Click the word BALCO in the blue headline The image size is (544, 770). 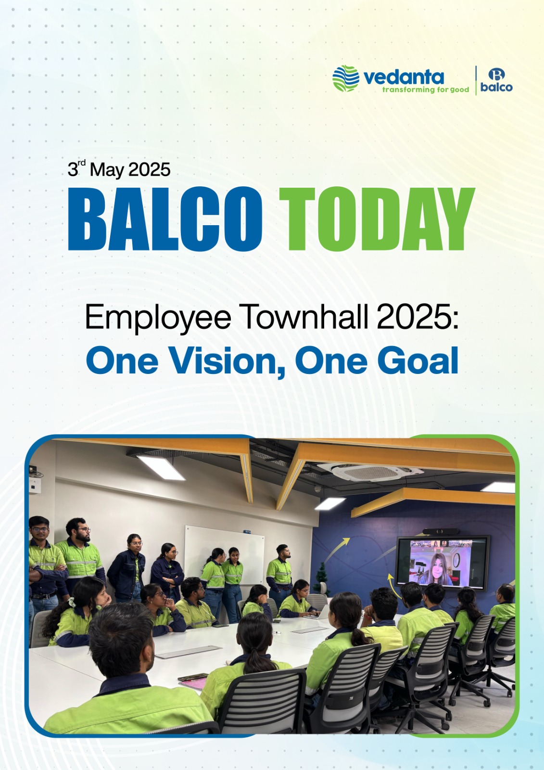[165, 219]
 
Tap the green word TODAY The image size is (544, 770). [377, 219]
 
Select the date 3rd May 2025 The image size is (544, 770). [119, 169]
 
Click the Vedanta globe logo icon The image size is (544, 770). [346, 79]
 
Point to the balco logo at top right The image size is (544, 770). [496, 80]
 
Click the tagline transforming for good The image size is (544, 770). [426, 90]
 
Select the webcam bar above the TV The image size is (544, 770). [440, 531]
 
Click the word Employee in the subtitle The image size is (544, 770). [158, 318]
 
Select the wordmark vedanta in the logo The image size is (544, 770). [404, 77]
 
